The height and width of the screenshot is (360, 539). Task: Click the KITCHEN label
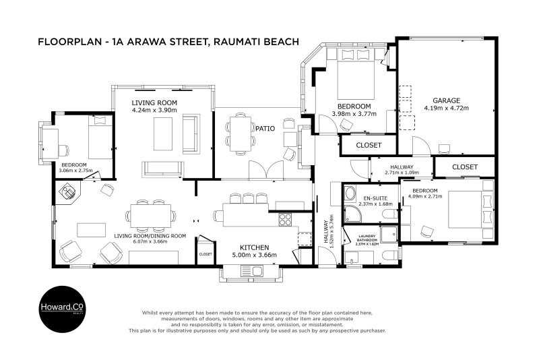click(x=254, y=247)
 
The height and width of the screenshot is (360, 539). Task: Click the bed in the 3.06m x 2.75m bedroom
click(x=100, y=138)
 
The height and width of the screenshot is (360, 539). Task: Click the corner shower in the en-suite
click(x=351, y=215)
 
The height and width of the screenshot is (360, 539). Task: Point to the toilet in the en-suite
click(x=389, y=214)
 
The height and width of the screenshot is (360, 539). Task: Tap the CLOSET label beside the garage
click(x=464, y=166)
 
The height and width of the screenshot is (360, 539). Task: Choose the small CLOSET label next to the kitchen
click(x=205, y=254)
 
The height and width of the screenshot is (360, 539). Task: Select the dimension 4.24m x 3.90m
click(x=154, y=109)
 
